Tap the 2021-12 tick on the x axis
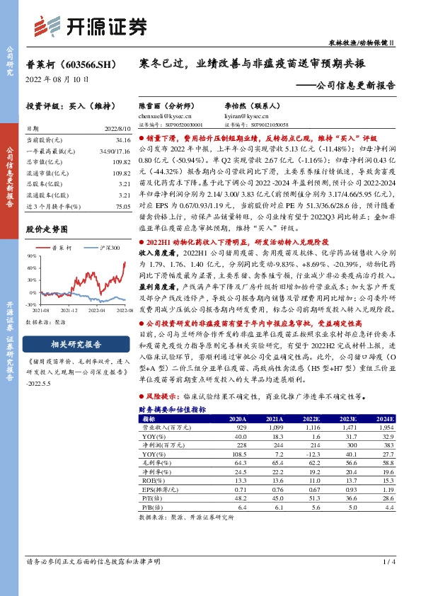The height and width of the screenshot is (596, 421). [x=69, y=309]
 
